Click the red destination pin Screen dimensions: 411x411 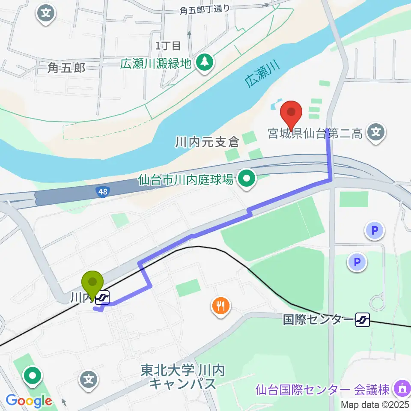tap(291, 113)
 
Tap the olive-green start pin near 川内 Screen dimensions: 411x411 tap(93, 283)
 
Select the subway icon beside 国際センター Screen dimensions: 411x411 tap(363, 319)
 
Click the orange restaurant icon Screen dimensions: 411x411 tap(221, 306)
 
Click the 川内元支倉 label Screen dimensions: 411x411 tap(207, 142)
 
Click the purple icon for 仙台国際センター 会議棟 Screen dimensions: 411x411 tap(401, 389)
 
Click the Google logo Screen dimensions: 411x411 tap(29, 401)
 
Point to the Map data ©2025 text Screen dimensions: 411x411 tap(375, 404)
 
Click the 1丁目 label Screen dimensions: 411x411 tap(168, 45)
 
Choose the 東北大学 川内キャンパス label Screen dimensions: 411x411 tap(183, 377)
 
